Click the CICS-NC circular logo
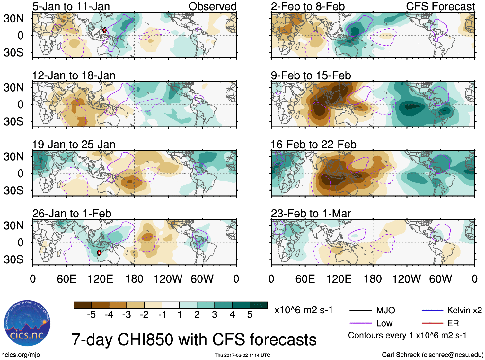[27, 323]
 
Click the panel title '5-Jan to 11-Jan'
[71, 6]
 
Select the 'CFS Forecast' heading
[440, 6]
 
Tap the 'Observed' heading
[212, 6]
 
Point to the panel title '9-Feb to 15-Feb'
[311, 75]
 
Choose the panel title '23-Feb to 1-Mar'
[311, 214]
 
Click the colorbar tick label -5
[91, 315]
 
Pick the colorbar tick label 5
[250, 315]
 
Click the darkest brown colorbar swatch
[82, 305]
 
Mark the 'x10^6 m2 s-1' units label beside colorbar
[303, 310]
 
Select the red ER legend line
[432, 323]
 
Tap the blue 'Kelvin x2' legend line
[432, 310]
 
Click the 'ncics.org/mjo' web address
[21, 355]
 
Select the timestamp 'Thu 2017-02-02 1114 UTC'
[242, 355]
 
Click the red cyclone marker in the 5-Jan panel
[104, 30]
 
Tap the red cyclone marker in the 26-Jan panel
[99, 253]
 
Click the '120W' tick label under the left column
[168, 279]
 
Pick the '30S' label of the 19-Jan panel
[14, 190]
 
